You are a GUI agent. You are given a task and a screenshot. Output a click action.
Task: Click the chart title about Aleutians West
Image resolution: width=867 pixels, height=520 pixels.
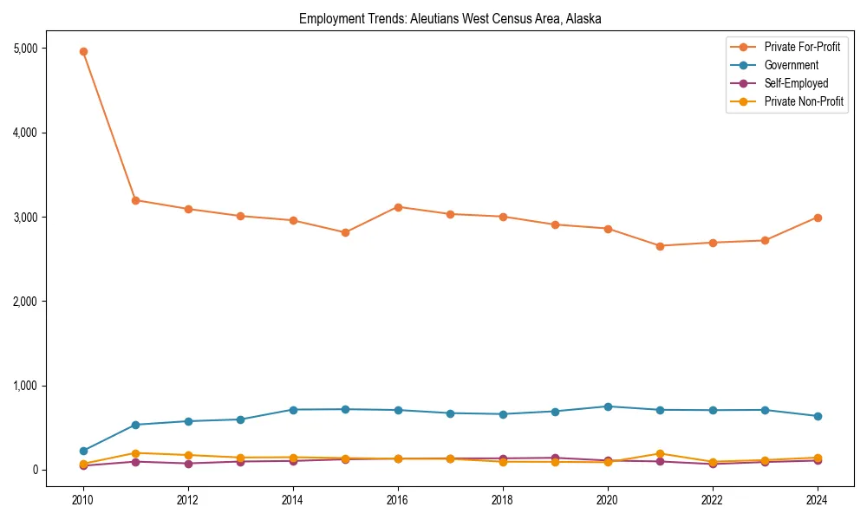point(450,18)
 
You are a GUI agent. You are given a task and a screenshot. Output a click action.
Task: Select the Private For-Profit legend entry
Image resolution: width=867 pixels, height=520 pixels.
point(802,47)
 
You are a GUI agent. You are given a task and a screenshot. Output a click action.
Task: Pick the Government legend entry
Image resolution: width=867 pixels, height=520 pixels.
point(791,65)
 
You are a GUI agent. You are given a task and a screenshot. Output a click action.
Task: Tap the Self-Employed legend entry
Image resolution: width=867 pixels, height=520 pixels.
point(796,83)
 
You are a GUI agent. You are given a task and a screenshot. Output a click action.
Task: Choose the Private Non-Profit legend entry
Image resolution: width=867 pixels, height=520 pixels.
point(804,101)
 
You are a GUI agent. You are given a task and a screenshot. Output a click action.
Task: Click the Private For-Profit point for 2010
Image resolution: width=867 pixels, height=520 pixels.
point(83,51)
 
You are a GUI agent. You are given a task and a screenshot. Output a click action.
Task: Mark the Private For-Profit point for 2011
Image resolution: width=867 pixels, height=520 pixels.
point(136,200)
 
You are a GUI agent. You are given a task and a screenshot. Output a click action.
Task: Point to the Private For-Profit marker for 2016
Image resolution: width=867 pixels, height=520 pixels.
point(398,207)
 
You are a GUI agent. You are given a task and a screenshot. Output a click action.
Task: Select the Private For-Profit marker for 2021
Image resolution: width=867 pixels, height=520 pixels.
point(660,246)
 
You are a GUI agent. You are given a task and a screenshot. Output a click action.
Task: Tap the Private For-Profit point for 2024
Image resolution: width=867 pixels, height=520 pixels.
point(817,218)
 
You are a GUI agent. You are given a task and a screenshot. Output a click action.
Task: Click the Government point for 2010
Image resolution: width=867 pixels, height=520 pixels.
point(83,451)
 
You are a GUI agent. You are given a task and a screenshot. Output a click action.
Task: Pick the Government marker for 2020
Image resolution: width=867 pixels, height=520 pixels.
point(608,406)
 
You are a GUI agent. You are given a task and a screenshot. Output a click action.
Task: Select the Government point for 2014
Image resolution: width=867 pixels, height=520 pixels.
point(293,410)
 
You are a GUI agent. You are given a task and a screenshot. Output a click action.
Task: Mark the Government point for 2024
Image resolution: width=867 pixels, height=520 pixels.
point(817,416)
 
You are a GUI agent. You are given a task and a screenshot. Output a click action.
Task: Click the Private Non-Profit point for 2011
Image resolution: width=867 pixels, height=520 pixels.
point(136,453)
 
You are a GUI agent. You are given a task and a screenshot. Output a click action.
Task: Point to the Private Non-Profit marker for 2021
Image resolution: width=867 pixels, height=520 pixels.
point(660,453)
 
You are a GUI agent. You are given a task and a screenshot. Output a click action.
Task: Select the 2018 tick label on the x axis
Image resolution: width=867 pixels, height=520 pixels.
point(503,500)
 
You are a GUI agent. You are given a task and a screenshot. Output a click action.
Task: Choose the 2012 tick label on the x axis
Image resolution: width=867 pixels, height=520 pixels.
point(188,500)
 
